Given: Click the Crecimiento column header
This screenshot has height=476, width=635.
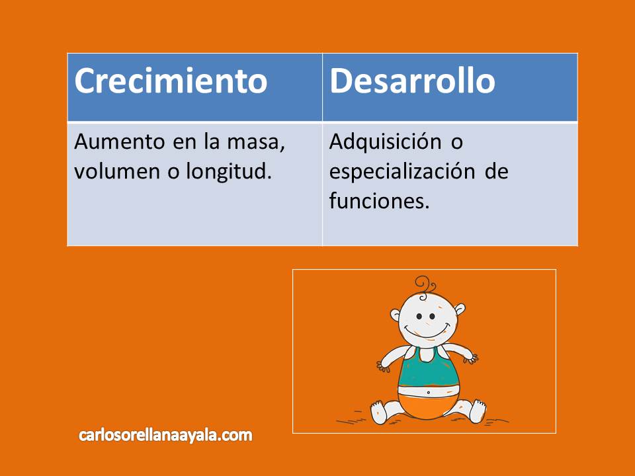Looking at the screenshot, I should [171, 81].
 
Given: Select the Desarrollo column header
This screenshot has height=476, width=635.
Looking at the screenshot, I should [412, 81].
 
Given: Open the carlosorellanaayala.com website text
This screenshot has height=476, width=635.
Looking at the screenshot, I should [165, 435].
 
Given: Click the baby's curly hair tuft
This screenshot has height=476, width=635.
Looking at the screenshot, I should [425, 286].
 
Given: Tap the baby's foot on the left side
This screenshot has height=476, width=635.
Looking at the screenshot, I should [378, 410].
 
